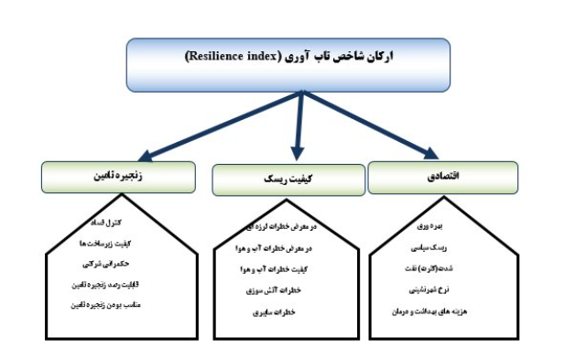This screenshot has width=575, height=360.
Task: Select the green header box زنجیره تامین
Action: (x=119, y=177)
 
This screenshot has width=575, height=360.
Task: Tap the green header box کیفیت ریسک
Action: (x=288, y=180)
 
